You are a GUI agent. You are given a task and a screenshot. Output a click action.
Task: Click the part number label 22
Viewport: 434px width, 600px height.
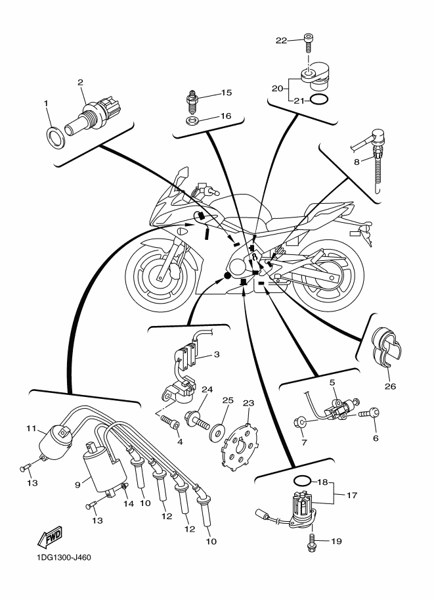coord(281,40)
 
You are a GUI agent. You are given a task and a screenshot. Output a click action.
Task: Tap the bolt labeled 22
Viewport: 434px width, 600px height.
coord(308,43)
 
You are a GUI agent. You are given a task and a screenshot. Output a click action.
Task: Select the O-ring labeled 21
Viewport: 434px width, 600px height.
coord(319,99)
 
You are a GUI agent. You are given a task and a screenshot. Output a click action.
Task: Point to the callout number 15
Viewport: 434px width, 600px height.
coord(227,93)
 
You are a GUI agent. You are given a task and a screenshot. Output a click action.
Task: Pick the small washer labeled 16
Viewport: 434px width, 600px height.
coord(191,122)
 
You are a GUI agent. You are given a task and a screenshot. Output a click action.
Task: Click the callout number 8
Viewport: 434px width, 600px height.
coord(357,162)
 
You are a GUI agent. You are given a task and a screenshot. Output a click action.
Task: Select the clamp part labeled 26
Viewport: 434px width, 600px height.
coord(386,345)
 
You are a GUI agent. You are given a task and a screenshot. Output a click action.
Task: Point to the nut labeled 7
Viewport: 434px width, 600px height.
coord(299,423)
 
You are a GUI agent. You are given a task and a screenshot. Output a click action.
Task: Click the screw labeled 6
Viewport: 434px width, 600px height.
coord(369,413)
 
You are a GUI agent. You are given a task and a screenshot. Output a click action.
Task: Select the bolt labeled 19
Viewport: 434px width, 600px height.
coord(311,542)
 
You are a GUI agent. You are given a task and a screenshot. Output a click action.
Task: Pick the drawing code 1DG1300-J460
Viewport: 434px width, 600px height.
coord(62,557)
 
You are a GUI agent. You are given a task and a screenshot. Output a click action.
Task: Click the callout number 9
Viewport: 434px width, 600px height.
coord(77,484)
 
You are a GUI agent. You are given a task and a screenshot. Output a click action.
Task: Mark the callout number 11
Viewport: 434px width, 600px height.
coord(31,428)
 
